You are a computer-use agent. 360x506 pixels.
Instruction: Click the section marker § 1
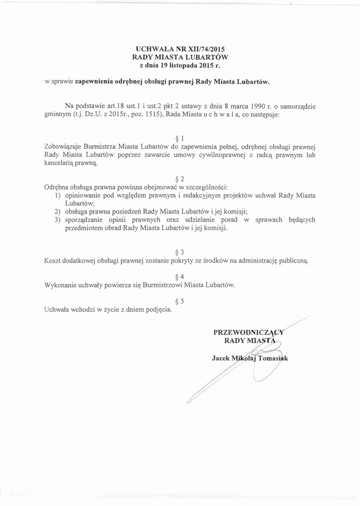point(180,138)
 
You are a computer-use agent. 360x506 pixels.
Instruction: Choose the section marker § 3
point(180,252)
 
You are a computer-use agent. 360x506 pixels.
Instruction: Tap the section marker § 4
point(180,276)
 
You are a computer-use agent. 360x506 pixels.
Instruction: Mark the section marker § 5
point(180,301)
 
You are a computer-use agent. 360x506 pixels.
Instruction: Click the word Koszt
point(53,260)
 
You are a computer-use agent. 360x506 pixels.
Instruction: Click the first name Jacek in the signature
point(221,358)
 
